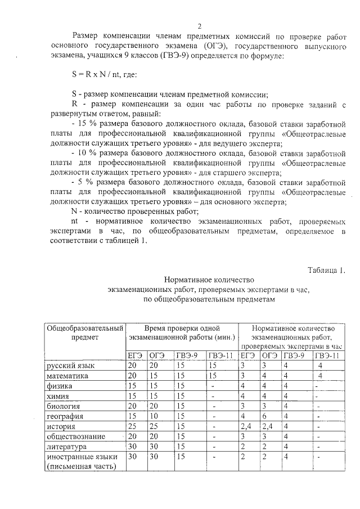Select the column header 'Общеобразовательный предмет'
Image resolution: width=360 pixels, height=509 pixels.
coord(84,332)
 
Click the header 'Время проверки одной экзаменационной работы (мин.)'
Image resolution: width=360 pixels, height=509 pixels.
coord(182,332)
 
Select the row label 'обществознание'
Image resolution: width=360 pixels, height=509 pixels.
coord(74,436)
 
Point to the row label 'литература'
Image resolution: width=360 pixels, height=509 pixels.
coord(66,447)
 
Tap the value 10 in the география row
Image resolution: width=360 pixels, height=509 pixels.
coord(154,416)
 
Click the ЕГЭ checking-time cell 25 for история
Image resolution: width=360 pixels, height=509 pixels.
coord(133,426)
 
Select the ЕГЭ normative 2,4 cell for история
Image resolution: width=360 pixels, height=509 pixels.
coord(246,426)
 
